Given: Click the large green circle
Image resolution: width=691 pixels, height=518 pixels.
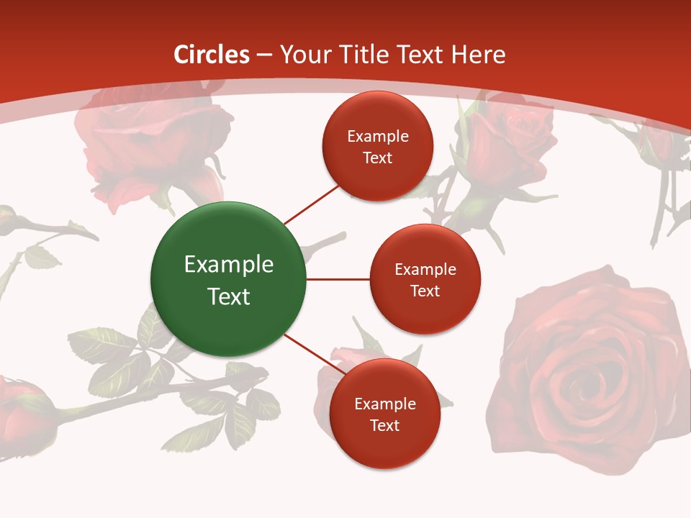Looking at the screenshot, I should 228,279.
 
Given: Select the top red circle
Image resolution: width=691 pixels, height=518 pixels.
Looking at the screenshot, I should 377,146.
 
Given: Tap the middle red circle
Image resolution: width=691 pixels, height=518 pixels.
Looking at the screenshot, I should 425,279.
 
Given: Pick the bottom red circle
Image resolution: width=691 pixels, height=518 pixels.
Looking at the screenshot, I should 384,414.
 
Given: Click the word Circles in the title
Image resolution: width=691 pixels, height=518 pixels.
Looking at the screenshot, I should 212,55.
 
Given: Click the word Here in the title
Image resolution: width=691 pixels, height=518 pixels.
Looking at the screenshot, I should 479,55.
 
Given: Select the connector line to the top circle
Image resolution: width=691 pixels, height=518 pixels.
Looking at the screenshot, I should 311,204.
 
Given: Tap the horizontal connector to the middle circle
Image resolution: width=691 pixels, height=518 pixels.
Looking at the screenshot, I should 338,279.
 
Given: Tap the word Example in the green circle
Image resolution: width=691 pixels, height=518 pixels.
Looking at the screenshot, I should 229,265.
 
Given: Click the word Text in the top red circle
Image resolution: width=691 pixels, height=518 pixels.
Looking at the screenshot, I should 377,158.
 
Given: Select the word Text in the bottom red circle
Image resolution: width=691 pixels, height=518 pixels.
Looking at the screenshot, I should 384,426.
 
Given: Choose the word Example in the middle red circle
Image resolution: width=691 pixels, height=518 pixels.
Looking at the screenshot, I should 425,270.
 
